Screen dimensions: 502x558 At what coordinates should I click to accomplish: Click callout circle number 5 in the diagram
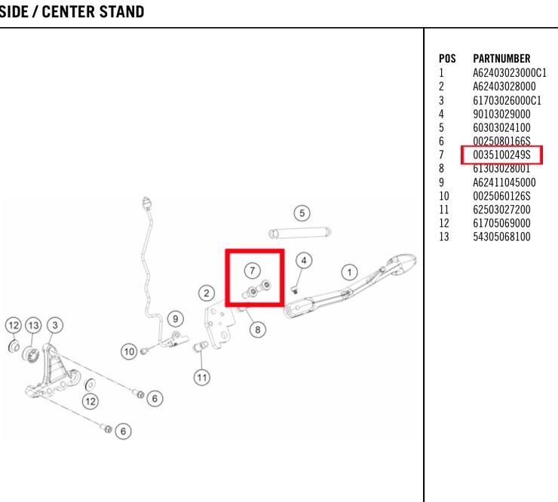tap(302, 213)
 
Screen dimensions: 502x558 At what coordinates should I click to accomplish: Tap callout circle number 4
tap(304, 261)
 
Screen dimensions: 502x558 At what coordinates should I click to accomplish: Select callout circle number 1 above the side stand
tap(349, 269)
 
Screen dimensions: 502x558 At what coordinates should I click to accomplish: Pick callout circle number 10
tap(130, 350)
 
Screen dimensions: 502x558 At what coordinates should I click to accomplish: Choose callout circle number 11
tap(202, 375)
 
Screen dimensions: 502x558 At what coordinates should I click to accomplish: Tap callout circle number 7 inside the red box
tap(253, 268)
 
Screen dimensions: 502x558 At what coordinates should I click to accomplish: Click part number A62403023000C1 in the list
tap(509, 73)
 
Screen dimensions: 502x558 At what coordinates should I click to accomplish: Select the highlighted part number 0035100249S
tap(501, 155)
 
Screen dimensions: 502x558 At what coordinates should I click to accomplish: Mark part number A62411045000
tap(504, 182)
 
